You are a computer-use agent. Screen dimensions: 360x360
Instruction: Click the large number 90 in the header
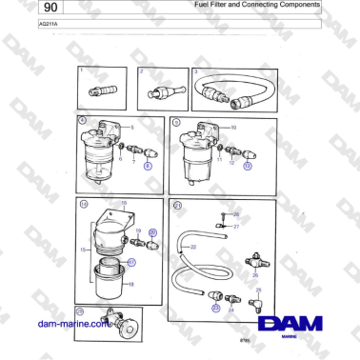coord(22,10)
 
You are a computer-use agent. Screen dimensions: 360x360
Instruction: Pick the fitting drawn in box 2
coord(158,93)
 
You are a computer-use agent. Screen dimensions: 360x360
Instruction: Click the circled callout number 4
coord(83,121)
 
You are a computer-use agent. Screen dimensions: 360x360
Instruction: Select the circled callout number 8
coord(148,164)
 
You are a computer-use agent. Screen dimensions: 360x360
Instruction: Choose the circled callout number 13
coord(248,164)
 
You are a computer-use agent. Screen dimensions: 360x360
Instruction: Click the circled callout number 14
coord(84,203)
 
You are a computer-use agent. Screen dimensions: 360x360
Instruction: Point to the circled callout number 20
coord(153,232)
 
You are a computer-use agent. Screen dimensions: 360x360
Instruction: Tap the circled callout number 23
coord(215,308)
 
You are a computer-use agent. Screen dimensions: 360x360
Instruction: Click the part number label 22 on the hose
coord(193,247)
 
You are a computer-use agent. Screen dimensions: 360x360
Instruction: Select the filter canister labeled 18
coord(111,282)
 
